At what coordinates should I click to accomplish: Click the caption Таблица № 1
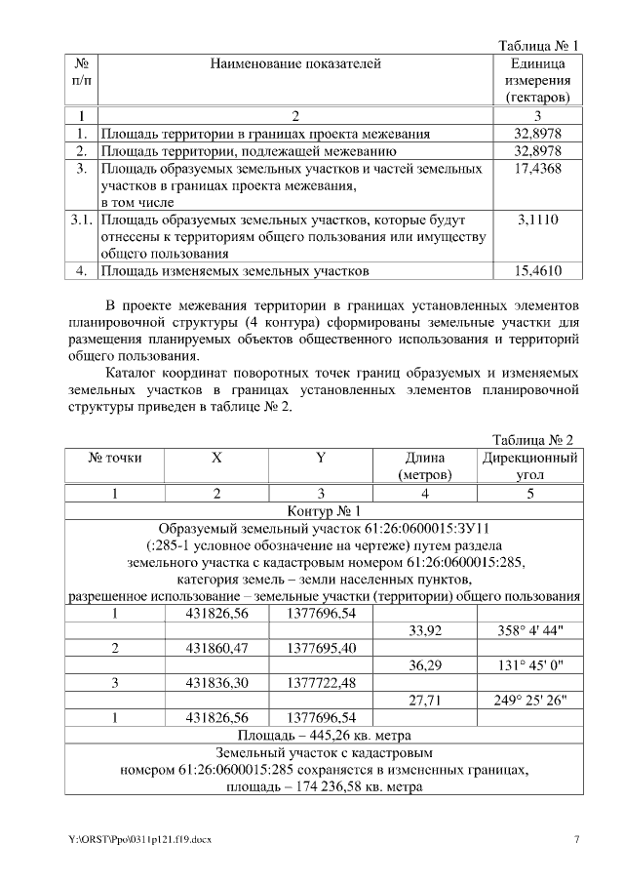tap(538, 46)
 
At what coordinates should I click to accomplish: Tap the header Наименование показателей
tap(294, 64)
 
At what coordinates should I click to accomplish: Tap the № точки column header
tap(115, 457)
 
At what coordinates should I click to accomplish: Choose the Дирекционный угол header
tap(530, 465)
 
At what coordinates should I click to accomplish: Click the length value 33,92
tap(425, 631)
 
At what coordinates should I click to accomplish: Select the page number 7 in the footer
tap(576, 839)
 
